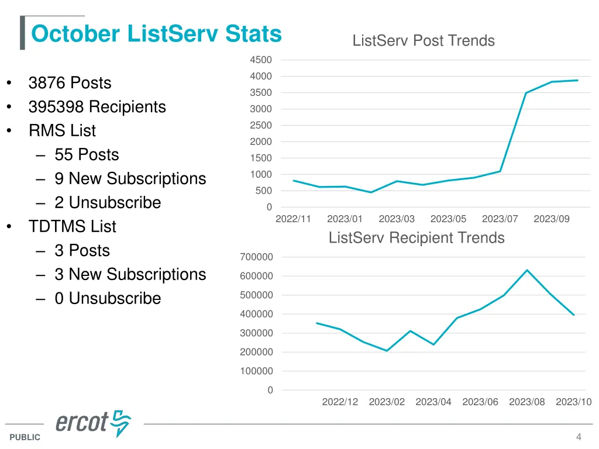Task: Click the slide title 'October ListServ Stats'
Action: coord(156,34)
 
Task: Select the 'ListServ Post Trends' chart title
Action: coord(424,41)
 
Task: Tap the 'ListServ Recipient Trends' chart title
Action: coord(416,238)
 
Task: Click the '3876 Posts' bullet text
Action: coord(70,83)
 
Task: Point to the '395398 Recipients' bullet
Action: coord(97,107)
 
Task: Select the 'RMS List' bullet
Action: coord(62,131)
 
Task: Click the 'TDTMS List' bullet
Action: coord(72,226)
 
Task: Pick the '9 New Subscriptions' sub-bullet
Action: coord(130,178)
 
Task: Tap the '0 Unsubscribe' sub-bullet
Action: coord(108,298)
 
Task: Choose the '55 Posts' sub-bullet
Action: coord(87,154)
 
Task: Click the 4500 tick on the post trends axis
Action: coord(260,60)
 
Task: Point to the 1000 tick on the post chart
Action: coord(260,174)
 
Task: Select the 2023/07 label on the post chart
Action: coord(500,219)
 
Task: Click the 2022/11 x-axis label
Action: coord(293,219)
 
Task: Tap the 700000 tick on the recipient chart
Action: coord(256,257)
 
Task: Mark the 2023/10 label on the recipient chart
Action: coord(573,402)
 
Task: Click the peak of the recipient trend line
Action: coord(527,270)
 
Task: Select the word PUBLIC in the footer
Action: coord(25,437)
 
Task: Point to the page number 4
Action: coord(579,437)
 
